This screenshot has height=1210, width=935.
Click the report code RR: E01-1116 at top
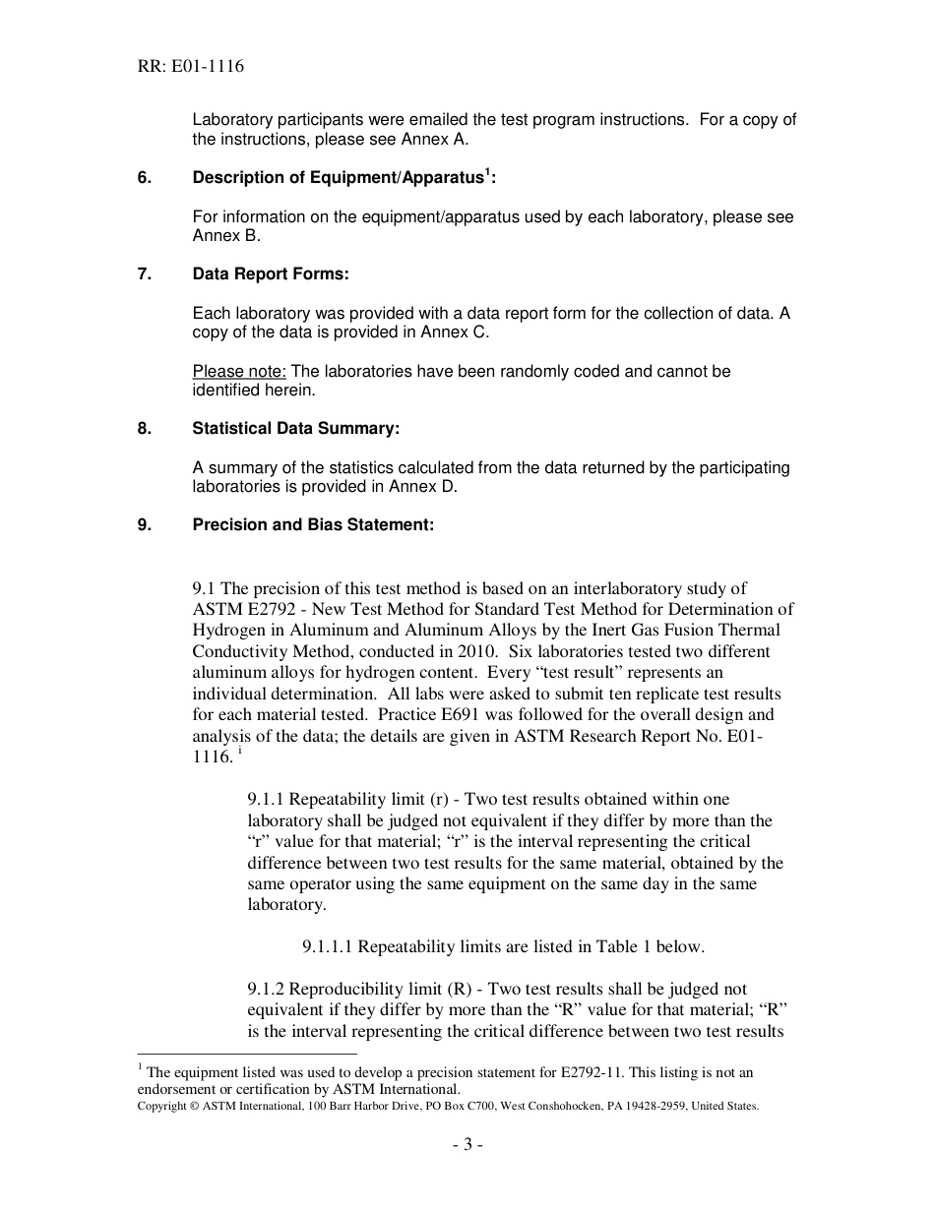point(191,67)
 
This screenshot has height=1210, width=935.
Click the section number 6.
point(144,178)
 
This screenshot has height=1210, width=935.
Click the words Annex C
point(454,332)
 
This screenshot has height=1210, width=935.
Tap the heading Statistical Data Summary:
point(296,428)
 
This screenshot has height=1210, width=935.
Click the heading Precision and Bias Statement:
point(313,524)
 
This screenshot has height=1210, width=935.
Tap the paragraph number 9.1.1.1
point(328,946)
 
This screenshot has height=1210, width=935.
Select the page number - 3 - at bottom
point(467,1144)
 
